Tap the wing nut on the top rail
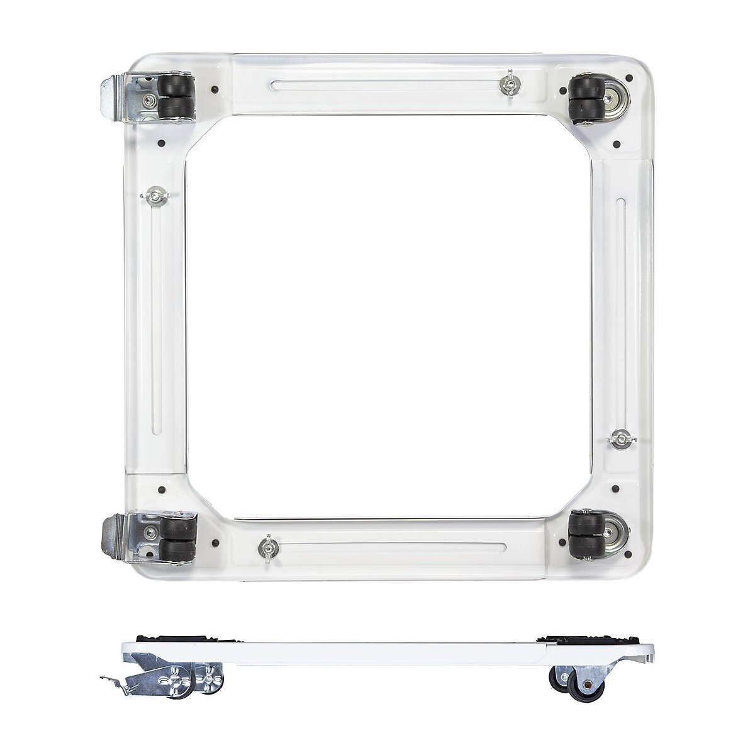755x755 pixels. [508, 84]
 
